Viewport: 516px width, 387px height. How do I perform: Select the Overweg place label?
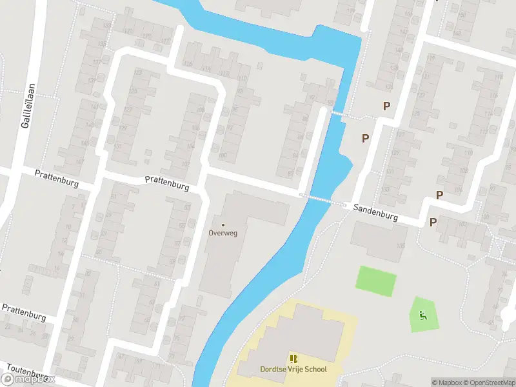223,233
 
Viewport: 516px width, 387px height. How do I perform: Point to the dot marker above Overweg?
223,224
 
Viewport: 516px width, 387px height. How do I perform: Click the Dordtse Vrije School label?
293,369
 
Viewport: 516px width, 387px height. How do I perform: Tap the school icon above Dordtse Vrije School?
293,359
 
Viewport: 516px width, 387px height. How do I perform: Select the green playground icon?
422,315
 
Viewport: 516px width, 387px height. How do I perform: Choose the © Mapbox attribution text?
446,382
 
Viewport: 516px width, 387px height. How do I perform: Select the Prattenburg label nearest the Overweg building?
166,183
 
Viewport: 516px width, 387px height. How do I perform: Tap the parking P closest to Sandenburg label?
433,222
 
